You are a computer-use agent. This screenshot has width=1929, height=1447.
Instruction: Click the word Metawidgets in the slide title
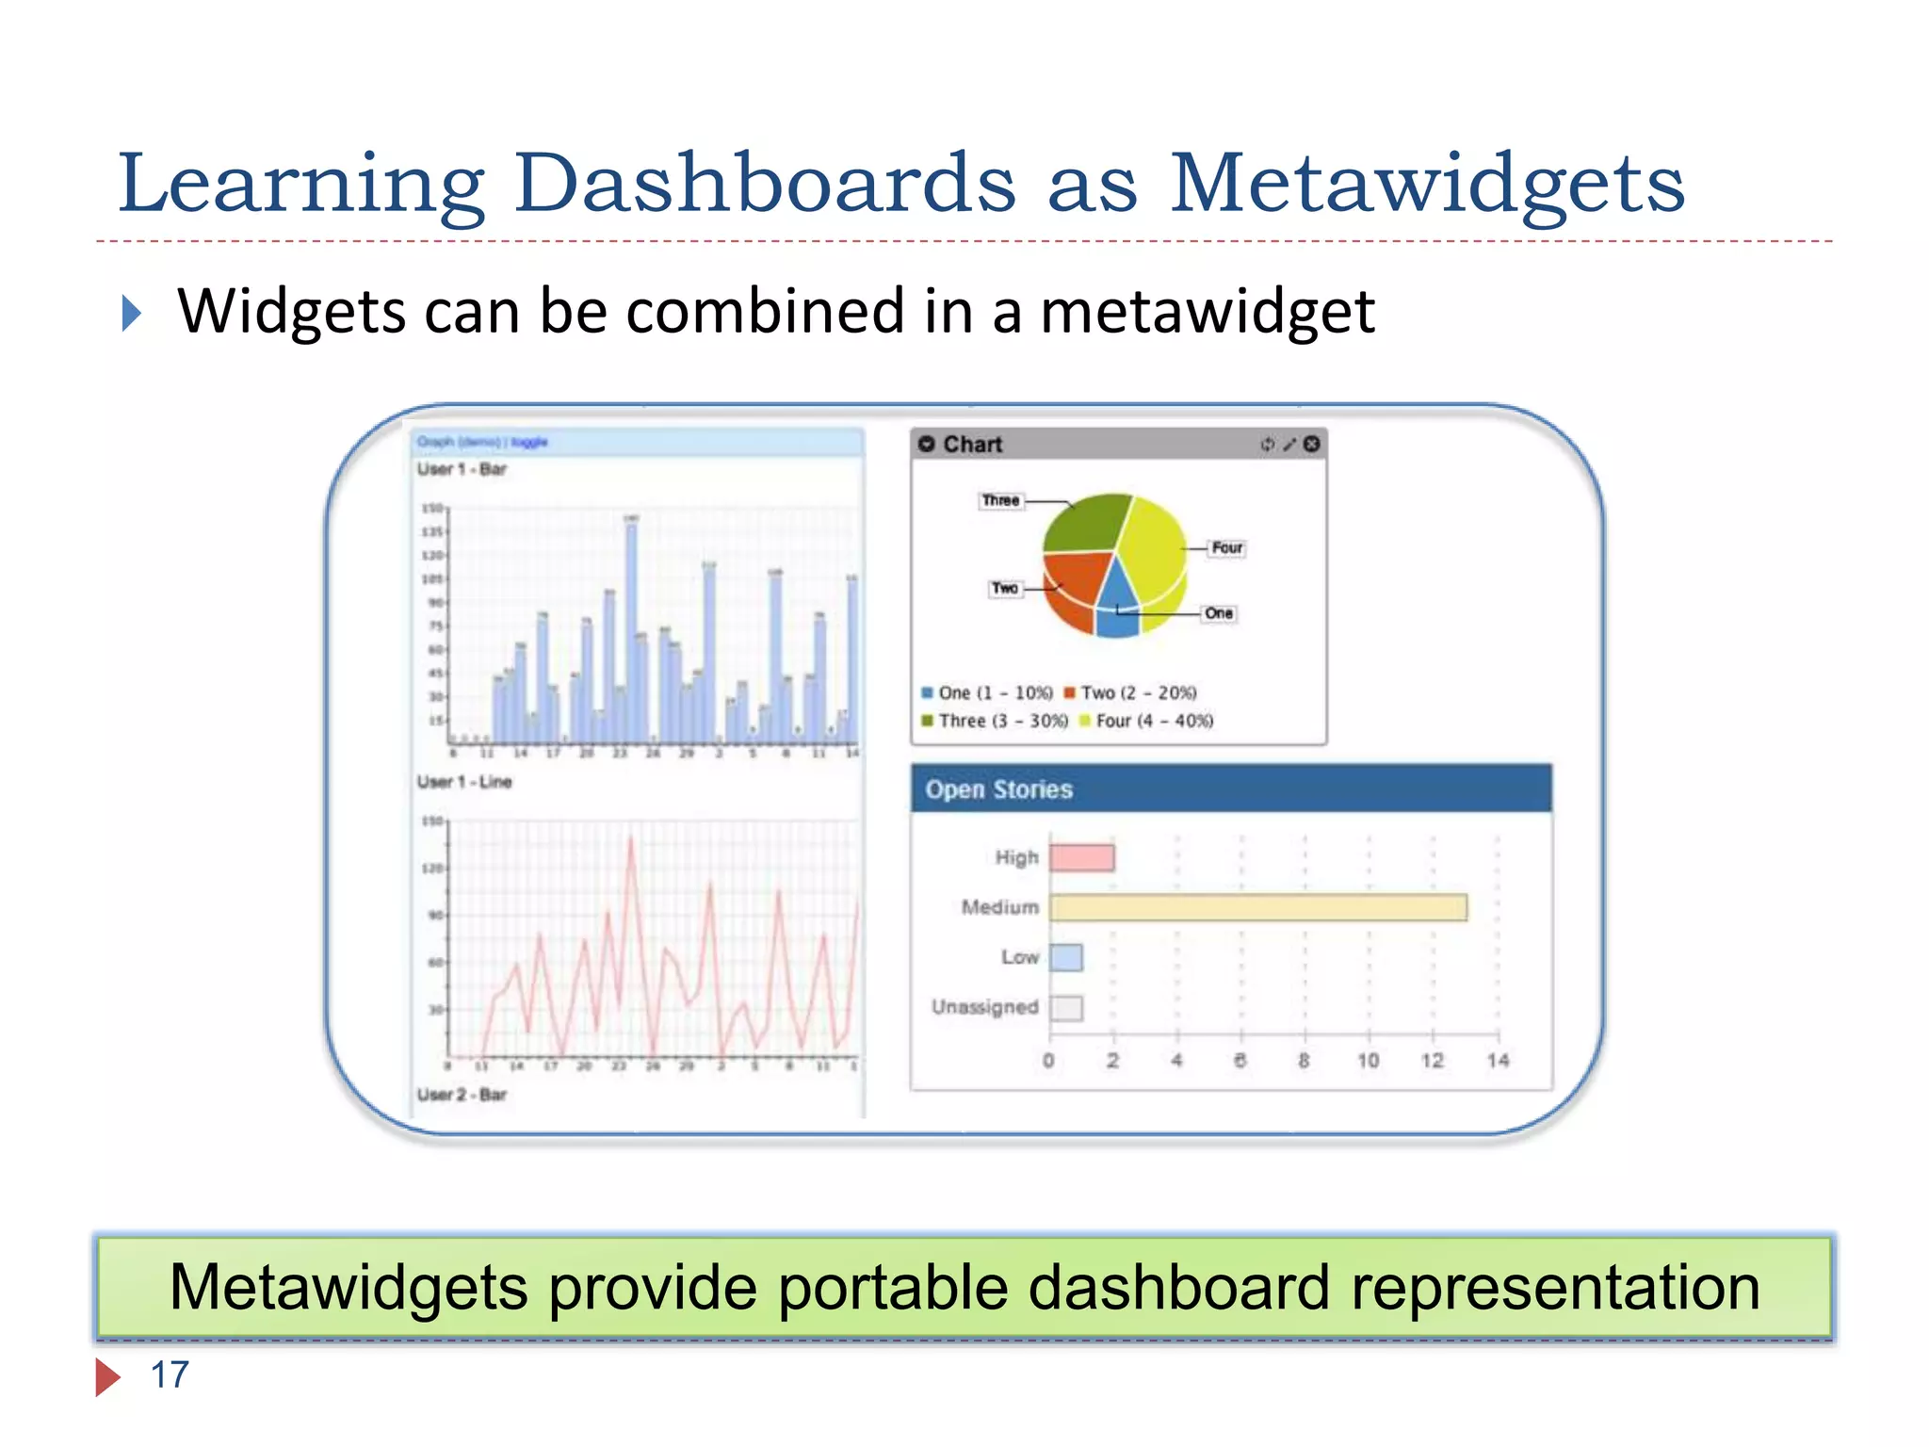click(1427, 186)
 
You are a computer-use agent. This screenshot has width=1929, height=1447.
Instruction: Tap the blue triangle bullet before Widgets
click(132, 313)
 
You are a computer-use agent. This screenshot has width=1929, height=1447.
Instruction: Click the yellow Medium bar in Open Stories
click(1257, 907)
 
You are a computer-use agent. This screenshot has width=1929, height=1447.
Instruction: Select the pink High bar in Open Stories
click(1081, 857)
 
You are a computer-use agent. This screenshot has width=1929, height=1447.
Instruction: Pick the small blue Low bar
click(1066, 957)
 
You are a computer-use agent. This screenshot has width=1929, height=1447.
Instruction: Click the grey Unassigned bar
click(1066, 1007)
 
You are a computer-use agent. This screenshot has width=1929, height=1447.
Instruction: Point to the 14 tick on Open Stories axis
click(1498, 1060)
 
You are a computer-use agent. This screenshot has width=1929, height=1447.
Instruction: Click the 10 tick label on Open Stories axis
click(1368, 1060)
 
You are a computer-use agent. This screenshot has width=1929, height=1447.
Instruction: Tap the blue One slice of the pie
click(1117, 603)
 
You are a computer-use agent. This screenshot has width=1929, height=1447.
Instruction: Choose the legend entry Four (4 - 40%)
click(1154, 721)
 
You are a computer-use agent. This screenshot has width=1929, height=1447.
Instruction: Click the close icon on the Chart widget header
click(1311, 444)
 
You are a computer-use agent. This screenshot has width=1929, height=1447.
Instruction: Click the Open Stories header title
click(998, 789)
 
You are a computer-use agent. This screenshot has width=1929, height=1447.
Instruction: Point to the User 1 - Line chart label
click(464, 782)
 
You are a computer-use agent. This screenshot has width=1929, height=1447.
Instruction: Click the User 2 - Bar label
click(462, 1095)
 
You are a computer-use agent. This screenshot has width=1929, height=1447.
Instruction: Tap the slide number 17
click(170, 1374)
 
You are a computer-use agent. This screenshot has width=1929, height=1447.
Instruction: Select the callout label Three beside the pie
click(1000, 500)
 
